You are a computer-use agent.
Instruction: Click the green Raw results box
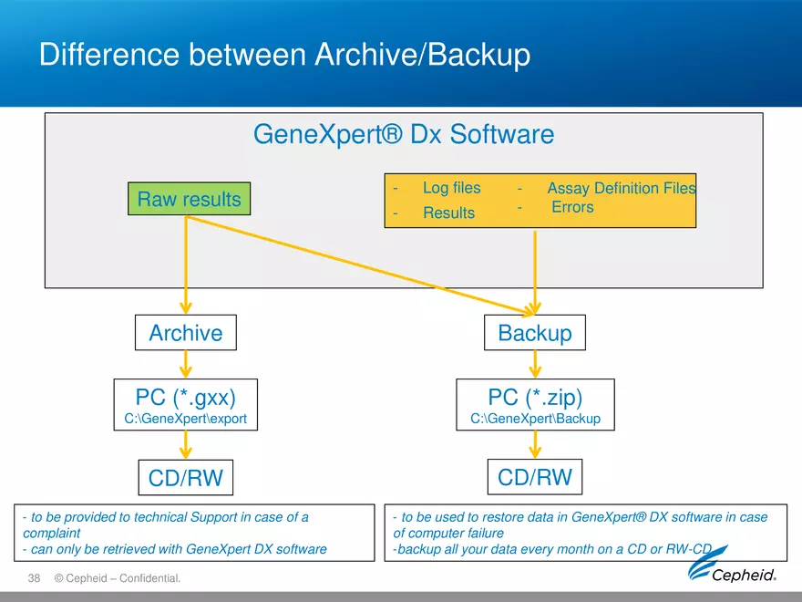point(189,200)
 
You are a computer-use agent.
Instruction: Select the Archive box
point(185,333)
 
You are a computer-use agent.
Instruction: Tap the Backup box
point(535,333)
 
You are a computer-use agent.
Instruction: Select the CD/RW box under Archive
point(185,476)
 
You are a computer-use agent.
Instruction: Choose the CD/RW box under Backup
point(535,476)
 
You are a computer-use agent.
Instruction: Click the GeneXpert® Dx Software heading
point(403,135)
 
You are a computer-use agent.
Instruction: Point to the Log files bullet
point(451,188)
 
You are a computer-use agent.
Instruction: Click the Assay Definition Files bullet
point(621,188)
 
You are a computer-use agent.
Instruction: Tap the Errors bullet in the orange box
point(572,208)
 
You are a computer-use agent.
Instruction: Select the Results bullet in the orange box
point(448,213)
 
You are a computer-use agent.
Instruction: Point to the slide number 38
point(36,578)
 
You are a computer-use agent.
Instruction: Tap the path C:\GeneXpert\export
point(186,420)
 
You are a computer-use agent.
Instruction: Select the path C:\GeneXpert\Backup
point(535,420)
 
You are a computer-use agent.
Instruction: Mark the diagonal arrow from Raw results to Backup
point(365,265)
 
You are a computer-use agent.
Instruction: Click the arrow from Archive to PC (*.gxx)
point(186,365)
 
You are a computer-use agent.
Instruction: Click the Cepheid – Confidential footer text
point(118,578)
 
